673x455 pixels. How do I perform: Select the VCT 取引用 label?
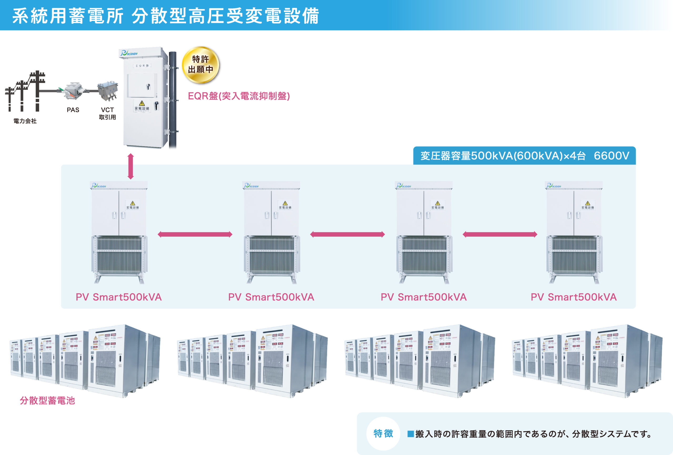(108, 113)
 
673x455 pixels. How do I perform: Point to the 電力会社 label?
(25, 121)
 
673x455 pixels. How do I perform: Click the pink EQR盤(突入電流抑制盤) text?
(239, 96)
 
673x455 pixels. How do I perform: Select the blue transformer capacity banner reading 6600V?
(524, 156)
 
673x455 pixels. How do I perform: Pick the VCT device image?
(108, 91)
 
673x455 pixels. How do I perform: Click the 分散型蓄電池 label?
(47, 400)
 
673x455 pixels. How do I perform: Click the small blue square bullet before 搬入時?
(410, 434)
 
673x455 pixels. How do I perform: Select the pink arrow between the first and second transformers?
(195, 234)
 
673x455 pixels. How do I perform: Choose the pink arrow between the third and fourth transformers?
(500, 234)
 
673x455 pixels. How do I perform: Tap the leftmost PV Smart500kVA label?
(119, 297)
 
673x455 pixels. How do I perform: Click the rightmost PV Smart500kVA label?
(573, 297)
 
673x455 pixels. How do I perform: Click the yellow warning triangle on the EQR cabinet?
(142, 103)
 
